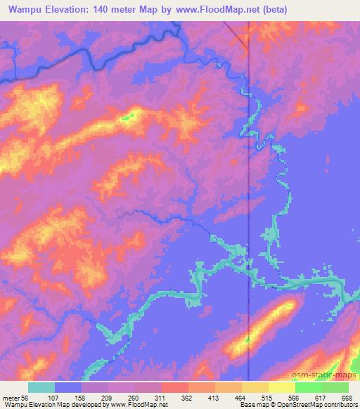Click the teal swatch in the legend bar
coord(41,387)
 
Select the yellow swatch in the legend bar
coord(281,387)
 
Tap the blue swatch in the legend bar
coord(68,387)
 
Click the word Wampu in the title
coord(23,9)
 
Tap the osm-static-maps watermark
coord(327,372)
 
